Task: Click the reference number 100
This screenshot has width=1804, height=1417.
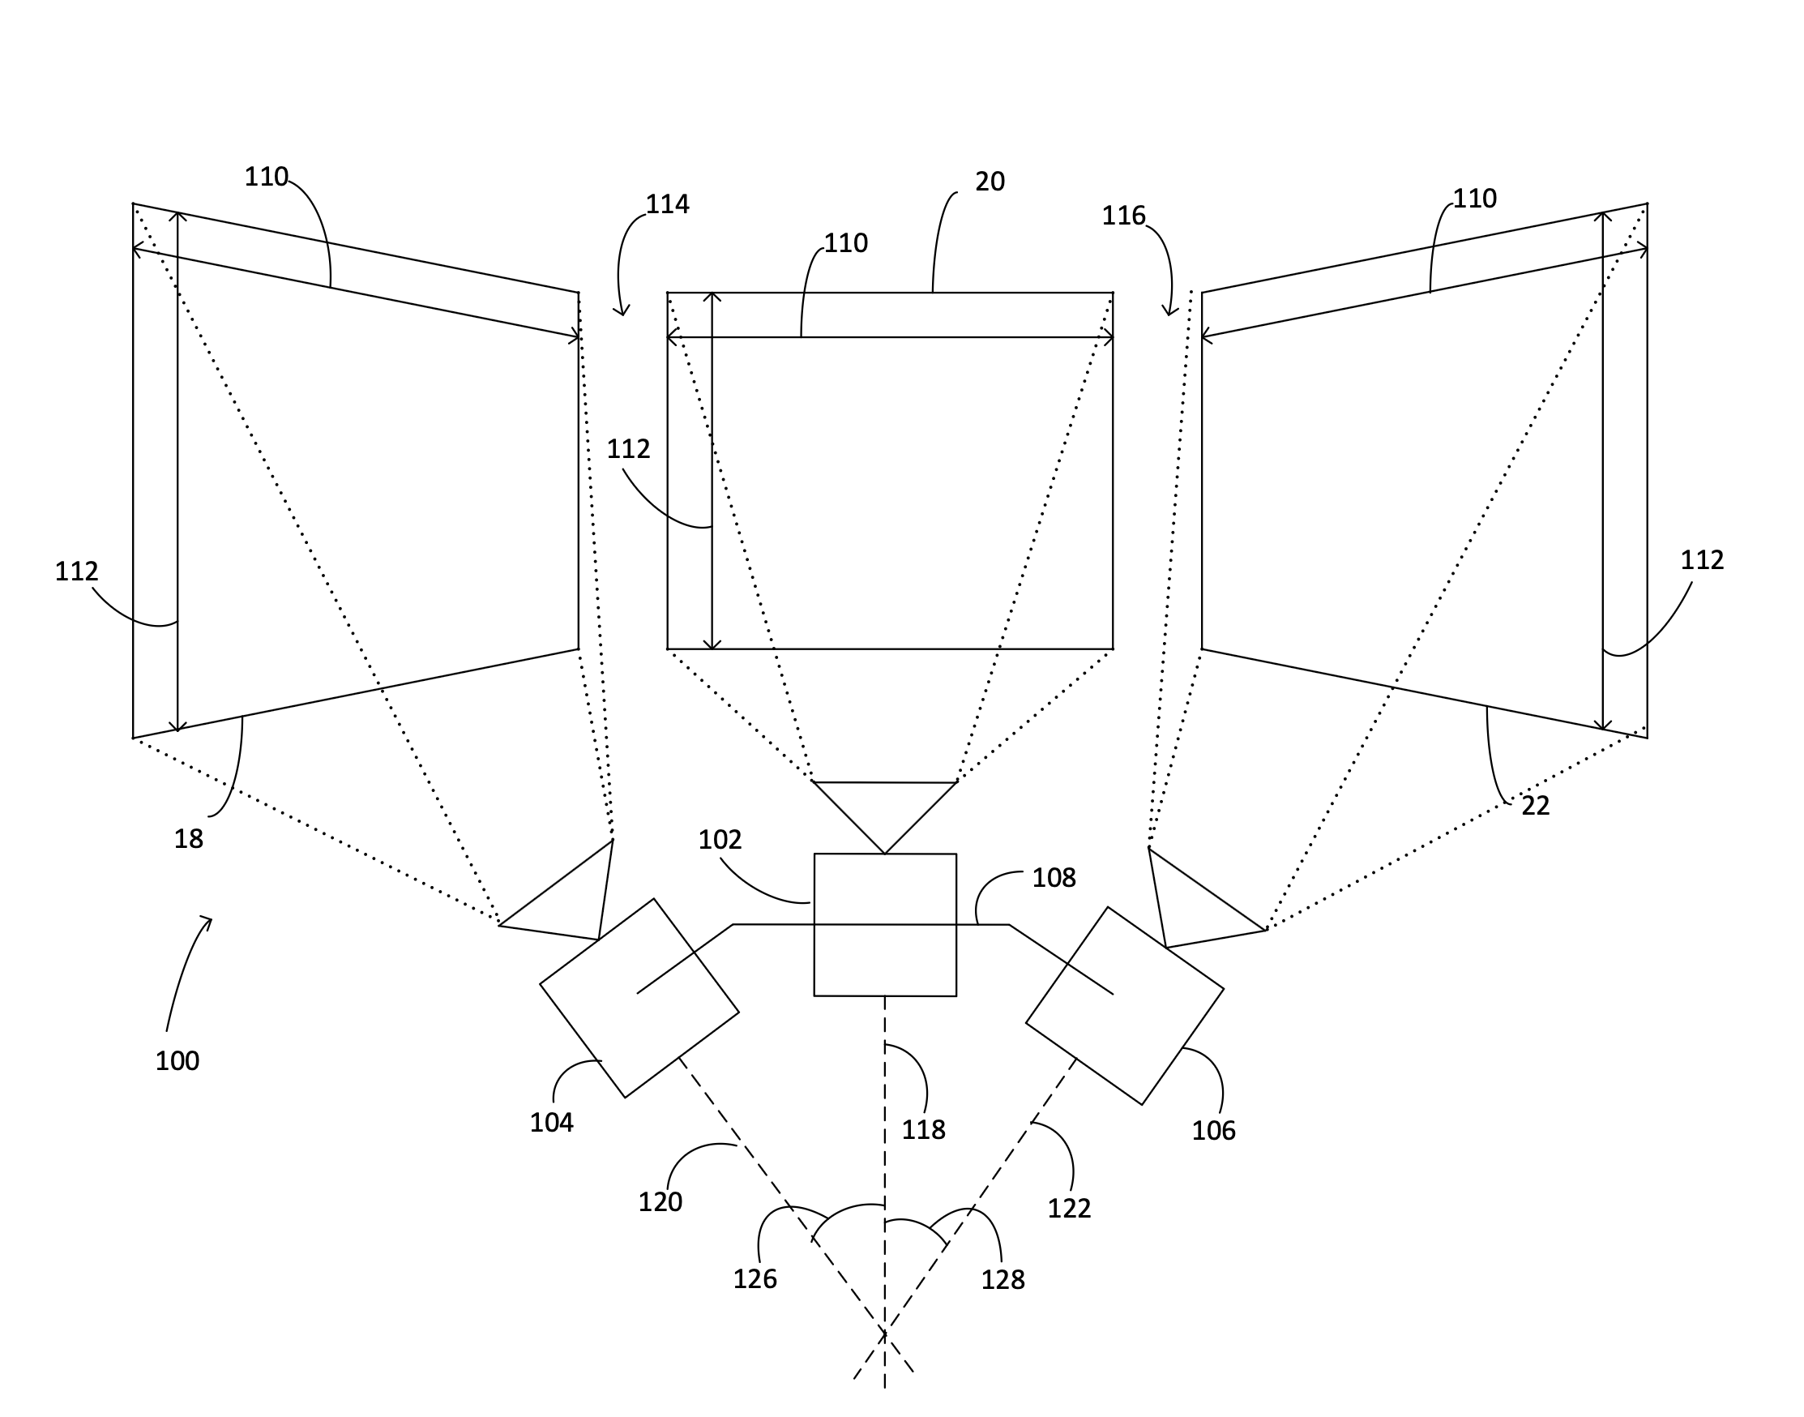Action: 177,1061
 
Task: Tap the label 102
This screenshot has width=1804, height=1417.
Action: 719,840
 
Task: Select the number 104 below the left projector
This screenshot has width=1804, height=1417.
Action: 552,1123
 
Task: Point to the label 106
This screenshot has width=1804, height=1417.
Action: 1213,1131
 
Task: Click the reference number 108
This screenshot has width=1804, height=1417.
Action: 1054,878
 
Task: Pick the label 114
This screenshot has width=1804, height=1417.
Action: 667,204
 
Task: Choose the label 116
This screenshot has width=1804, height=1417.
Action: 1123,216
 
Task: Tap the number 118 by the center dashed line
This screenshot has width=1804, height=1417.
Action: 923,1130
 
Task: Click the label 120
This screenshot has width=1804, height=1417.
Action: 660,1202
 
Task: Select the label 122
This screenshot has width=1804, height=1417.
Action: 1069,1209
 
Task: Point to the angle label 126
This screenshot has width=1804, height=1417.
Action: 755,1279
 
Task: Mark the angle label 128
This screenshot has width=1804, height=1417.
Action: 1002,1280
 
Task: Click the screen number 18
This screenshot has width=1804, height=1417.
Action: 188,840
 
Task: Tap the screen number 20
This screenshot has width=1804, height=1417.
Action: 990,182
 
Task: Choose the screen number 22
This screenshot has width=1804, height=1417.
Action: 1535,806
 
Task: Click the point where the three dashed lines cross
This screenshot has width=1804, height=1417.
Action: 885,1334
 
